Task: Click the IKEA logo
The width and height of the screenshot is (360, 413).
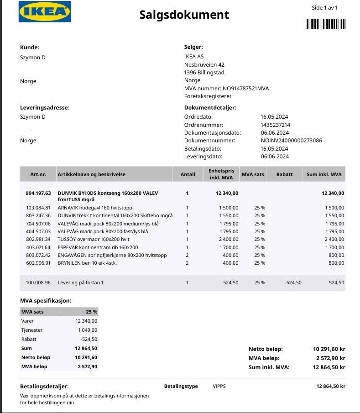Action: (45, 12)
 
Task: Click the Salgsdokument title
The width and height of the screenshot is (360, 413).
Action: (184, 15)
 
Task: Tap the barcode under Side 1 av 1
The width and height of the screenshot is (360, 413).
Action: (325, 24)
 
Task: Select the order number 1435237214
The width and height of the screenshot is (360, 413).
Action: (276, 125)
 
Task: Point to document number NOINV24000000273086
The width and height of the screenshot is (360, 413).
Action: (291, 141)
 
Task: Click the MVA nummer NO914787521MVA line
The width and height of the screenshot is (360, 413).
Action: (226, 89)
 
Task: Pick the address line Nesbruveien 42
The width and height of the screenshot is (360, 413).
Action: (204, 65)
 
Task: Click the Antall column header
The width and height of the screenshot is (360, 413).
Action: (188, 174)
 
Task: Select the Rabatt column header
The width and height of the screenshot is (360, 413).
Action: (285, 174)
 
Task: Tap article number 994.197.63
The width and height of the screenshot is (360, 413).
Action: (38, 193)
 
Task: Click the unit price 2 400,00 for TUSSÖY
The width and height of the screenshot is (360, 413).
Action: (228, 239)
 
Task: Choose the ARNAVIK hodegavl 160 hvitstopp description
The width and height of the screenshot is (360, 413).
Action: (95, 208)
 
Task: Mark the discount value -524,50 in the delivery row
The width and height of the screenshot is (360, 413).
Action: (292, 282)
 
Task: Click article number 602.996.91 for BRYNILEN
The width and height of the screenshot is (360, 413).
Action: (38, 263)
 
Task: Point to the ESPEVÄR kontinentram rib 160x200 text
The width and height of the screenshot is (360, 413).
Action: (98, 247)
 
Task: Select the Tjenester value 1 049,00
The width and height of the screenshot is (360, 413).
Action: (87, 330)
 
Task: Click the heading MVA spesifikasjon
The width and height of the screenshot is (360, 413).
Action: (46, 301)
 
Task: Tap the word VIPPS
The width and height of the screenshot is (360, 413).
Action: (219, 386)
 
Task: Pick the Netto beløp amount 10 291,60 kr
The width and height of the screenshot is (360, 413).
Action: (329, 349)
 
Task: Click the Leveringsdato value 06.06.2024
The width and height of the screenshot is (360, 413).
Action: (274, 157)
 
